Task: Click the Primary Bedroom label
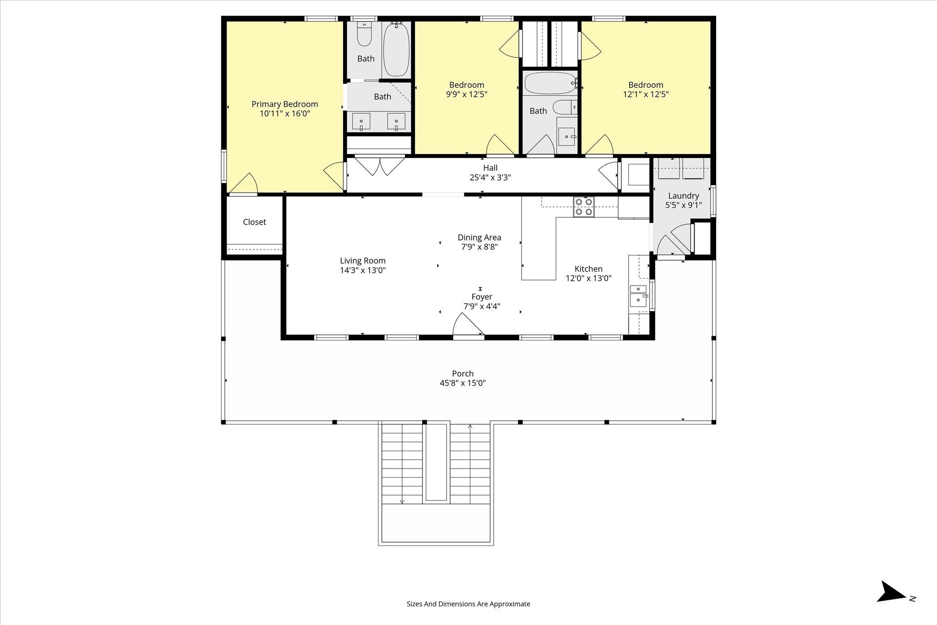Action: tap(285, 104)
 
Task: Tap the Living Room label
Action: tap(363, 261)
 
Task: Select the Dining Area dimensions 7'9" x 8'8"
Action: tap(479, 247)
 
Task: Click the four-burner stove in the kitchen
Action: tap(584, 206)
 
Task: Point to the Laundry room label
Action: tap(684, 196)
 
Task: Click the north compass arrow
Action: tap(891, 604)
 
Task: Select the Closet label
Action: tap(254, 222)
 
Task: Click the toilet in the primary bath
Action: tap(364, 35)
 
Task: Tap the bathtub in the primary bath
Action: tap(396, 50)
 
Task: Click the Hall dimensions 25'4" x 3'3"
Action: tap(490, 178)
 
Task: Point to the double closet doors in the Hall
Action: tap(380, 166)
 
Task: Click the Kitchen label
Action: tap(588, 269)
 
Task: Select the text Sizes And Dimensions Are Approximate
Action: tap(468, 604)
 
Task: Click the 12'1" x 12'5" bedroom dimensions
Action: tap(646, 95)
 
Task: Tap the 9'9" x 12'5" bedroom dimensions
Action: tap(467, 95)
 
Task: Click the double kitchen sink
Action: tap(639, 296)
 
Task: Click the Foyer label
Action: tap(482, 297)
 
